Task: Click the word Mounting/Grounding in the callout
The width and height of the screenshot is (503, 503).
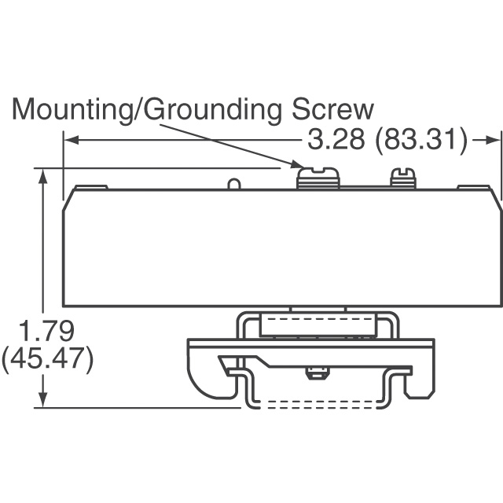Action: point(147,111)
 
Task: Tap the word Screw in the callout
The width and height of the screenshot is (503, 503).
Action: point(332,109)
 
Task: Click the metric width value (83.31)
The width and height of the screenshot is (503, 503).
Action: point(422,140)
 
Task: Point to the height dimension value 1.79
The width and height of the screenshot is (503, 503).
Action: point(46,331)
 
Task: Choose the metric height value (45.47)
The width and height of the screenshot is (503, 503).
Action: point(47,358)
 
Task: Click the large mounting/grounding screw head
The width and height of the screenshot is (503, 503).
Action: point(318,178)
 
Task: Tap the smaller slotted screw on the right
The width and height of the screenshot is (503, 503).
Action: point(403,178)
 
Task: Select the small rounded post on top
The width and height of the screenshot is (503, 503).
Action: point(234,184)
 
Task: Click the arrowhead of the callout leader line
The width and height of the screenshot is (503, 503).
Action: point(297,165)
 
